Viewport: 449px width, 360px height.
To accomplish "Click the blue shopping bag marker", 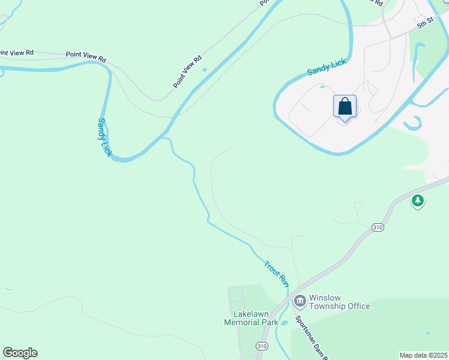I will pyautogui.click(x=345, y=107).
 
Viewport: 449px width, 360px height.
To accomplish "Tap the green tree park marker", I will pyautogui.click(x=418, y=200).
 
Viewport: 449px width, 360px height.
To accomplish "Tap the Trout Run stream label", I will pyautogui.click(x=277, y=273).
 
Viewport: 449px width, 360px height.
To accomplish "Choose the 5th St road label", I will pyautogui.click(x=425, y=24).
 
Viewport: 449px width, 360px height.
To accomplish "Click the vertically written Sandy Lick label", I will pyautogui.click(x=104, y=137).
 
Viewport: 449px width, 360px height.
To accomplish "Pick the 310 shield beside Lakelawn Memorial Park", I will pyautogui.click(x=262, y=346).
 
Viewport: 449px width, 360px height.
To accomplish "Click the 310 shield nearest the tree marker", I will pyautogui.click(x=377, y=227).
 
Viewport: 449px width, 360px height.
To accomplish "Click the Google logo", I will pyautogui.click(x=20, y=353).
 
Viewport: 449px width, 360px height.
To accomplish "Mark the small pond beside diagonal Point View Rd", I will pyautogui.click(x=205, y=70).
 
